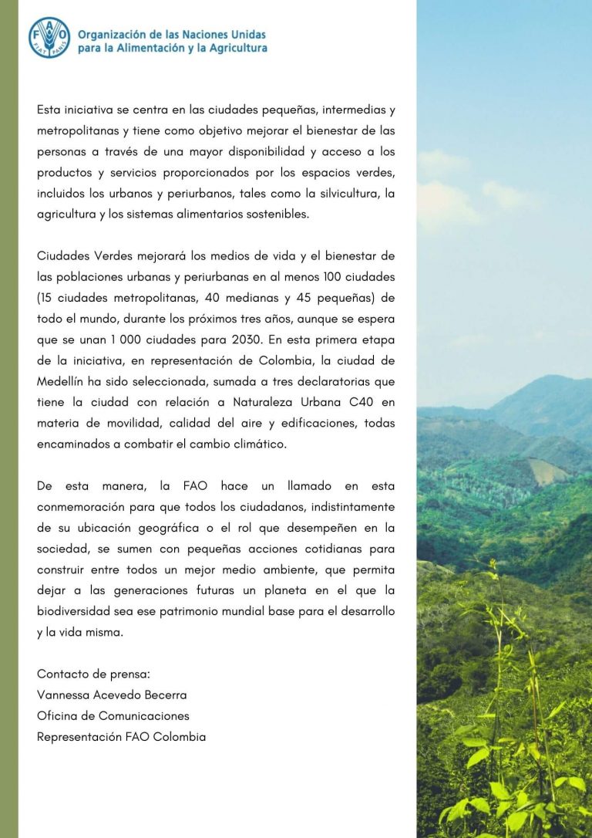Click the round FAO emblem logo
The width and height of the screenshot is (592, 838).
tap(49, 37)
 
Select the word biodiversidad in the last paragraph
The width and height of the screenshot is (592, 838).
tap(74, 611)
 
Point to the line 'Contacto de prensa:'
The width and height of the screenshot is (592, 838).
tap(93, 674)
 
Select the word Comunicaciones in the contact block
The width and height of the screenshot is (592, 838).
tap(143, 715)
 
